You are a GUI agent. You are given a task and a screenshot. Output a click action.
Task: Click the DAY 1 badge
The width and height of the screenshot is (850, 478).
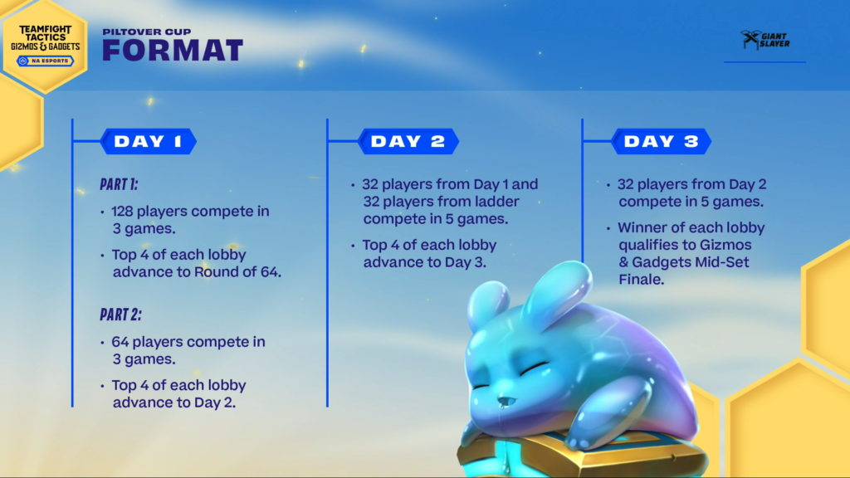click(x=148, y=141)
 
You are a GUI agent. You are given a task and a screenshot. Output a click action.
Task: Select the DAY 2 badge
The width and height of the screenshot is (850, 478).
click(x=408, y=141)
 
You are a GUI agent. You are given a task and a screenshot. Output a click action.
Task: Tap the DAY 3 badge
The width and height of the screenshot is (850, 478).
click(x=662, y=141)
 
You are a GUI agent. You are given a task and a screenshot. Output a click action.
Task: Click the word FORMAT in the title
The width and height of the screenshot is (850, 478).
click(x=173, y=51)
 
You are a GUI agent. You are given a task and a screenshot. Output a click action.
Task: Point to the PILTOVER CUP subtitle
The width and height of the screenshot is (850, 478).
click(x=147, y=32)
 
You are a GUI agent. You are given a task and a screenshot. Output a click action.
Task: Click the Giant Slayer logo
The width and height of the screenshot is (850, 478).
click(x=765, y=40)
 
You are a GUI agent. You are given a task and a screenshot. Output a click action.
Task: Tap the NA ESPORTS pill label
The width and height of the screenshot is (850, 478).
click(x=45, y=61)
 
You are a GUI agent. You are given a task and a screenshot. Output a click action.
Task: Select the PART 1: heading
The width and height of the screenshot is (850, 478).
click(x=119, y=184)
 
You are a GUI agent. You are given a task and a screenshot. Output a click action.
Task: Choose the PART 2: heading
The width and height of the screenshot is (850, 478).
click(x=120, y=315)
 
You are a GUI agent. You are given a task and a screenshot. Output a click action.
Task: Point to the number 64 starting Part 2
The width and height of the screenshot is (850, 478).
click(x=120, y=342)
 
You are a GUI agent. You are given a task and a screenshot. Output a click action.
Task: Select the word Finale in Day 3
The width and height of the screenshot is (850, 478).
click(x=642, y=280)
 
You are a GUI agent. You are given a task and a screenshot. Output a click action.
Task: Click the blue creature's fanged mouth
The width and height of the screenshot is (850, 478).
click(x=506, y=402)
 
